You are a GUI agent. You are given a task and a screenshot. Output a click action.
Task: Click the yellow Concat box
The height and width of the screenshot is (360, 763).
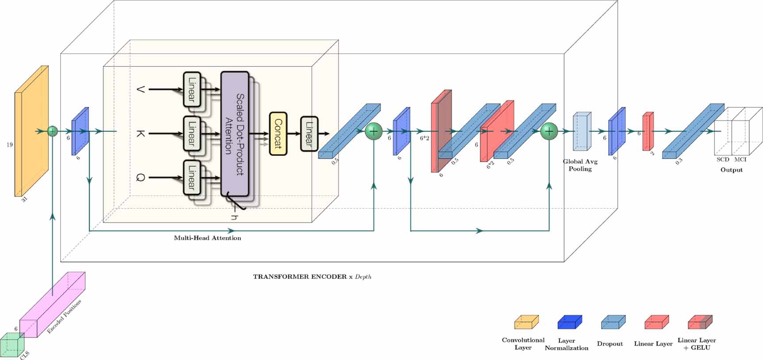(278, 134)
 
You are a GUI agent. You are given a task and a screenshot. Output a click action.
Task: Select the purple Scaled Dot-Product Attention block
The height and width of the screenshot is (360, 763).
(234, 134)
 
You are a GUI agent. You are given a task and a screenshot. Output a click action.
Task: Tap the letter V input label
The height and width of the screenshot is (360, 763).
(140, 89)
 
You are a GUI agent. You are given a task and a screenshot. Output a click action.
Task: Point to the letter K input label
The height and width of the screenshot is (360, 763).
(140, 133)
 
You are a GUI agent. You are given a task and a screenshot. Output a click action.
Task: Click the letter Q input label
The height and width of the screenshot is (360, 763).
(140, 178)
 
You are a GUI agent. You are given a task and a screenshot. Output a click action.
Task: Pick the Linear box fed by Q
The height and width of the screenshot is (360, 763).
(192, 177)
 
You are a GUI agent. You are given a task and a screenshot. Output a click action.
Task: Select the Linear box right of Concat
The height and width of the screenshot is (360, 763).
(309, 134)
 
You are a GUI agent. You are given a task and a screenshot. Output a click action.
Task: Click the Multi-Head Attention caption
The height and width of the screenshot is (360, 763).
(207, 238)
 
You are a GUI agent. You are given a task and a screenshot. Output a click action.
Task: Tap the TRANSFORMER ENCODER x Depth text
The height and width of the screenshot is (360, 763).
(312, 277)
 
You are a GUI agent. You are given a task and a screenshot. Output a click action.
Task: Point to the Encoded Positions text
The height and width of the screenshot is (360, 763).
(65, 317)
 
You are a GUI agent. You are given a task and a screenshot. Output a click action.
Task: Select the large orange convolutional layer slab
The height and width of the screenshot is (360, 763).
(31, 131)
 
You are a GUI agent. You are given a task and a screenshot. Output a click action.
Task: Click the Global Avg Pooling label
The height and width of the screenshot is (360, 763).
(580, 165)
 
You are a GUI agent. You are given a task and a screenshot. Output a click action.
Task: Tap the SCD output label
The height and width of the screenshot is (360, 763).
(723, 160)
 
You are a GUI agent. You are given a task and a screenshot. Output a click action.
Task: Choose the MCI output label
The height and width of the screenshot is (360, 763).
(740, 160)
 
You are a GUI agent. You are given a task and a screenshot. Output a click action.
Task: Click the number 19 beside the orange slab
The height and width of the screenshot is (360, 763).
(9, 145)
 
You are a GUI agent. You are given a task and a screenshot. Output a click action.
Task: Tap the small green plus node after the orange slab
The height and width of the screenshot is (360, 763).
(53, 131)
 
